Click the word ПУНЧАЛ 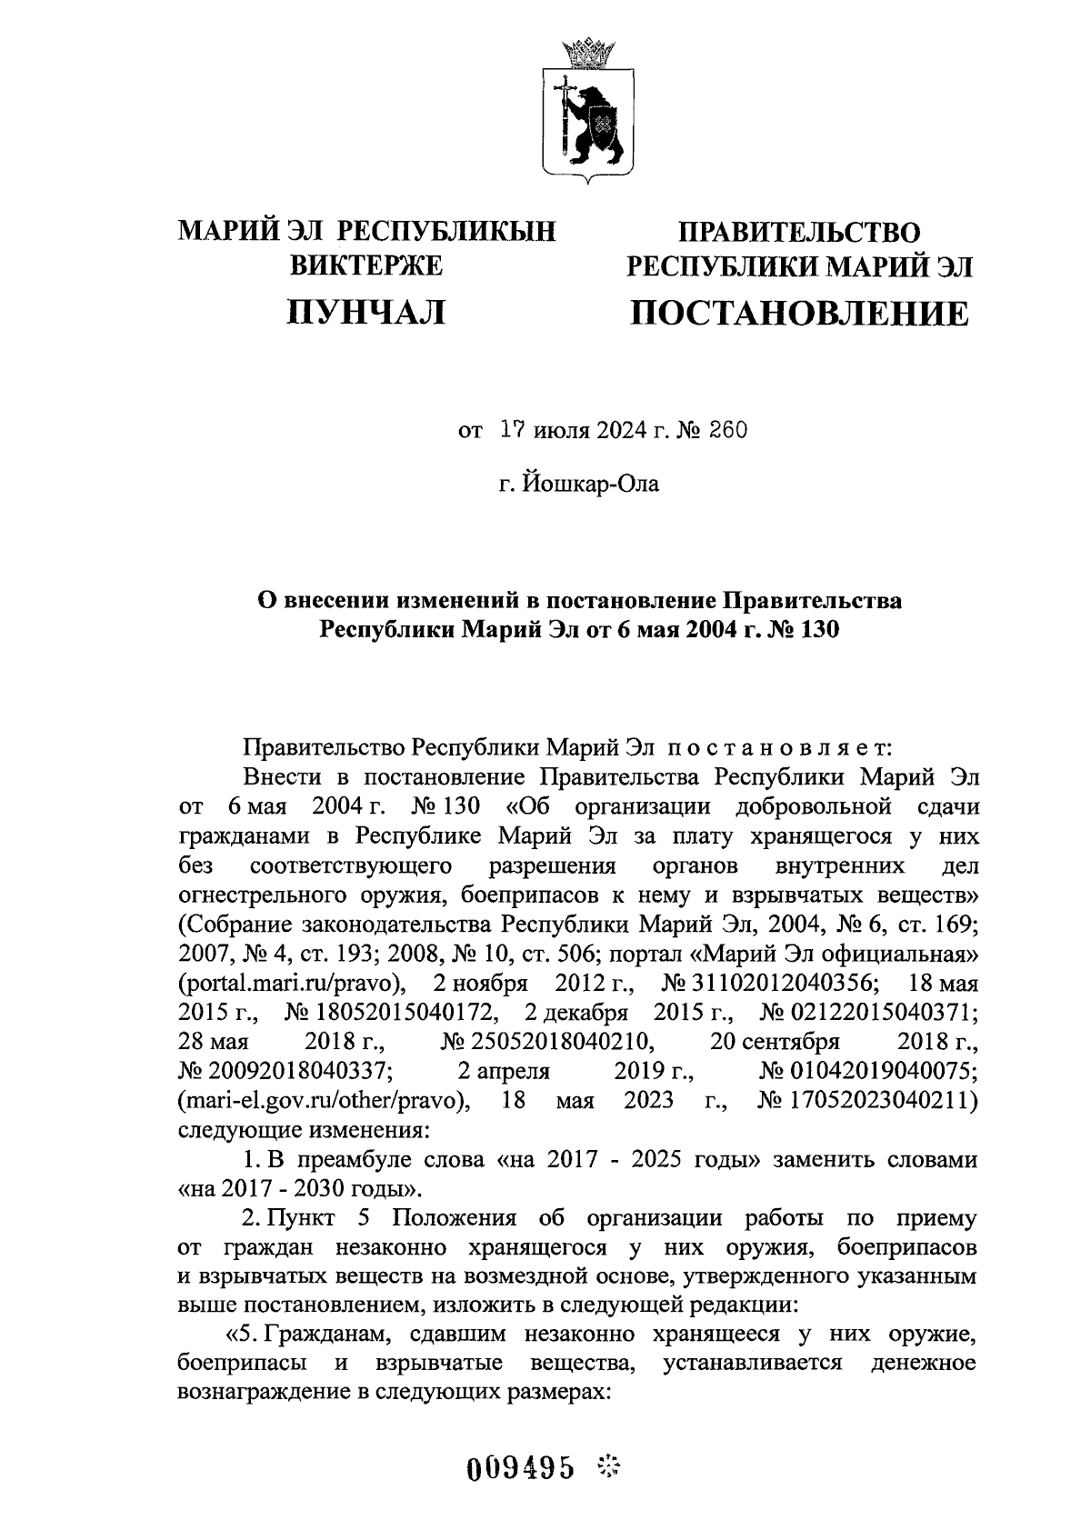click(x=366, y=313)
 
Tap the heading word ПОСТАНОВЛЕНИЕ click(x=800, y=314)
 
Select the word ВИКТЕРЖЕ click(x=366, y=265)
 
